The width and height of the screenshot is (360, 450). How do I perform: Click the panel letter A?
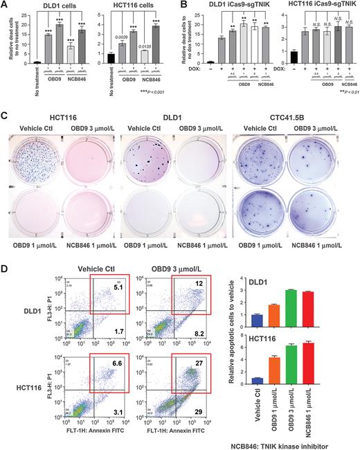pyautogui.click(x=5, y=6)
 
